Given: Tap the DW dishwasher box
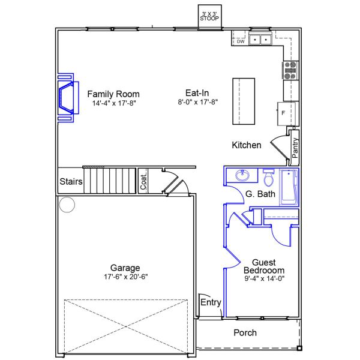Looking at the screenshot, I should pyautogui.click(x=240, y=41).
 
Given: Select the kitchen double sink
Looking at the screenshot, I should pyautogui.click(x=260, y=40).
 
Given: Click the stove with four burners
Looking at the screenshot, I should pyautogui.click(x=290, y=71).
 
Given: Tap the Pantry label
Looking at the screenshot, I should pyautogui.click(x=295, y=148).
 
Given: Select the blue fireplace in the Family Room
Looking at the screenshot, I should pyautogui.click(x=67, y=98).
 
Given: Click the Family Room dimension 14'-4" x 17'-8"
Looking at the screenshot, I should pyautogui.click(x=113, y=103).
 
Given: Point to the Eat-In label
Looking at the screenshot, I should pyautogui.click(x=197, y=93).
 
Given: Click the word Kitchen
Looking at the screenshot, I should pyautogui.click(x=247, y=145).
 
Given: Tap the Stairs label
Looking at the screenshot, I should pyautogui.click(x=70, y=181).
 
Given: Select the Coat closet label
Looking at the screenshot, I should pyautogui.click(x=144, y=182).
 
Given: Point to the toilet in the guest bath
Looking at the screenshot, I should pyautogui.click(x=268, y=178).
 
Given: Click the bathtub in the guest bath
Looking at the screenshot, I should pyautogui.click(x=289, y=186).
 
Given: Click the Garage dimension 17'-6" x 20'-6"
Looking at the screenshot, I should pyautogui.click(x=125, y=277).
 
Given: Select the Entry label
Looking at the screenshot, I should pyautogui.click(x=211, y=302).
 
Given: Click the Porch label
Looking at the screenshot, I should pyautogui.click(x=245, y=332).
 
